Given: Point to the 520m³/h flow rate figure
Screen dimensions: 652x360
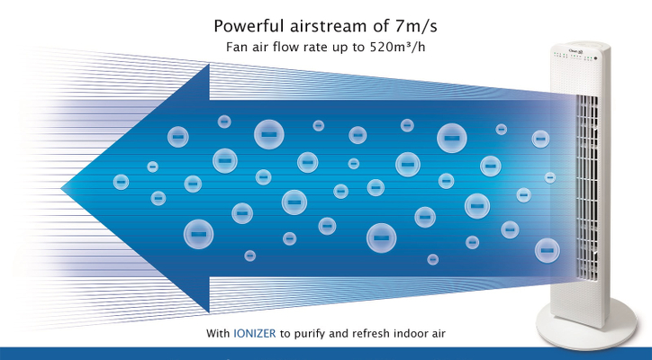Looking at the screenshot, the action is [397, 47].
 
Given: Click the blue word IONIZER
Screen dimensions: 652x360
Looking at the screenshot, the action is [255, 333].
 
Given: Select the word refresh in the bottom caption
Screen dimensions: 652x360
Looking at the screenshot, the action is [371, 333].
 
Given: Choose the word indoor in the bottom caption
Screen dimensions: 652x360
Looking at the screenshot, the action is [411, 333].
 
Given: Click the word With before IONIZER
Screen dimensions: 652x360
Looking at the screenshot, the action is [218, 333].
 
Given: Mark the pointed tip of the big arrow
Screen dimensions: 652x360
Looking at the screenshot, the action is [61, 188].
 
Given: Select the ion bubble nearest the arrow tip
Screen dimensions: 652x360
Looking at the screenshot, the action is [121, 182].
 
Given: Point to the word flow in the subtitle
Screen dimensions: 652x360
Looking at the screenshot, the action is [286, 47].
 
